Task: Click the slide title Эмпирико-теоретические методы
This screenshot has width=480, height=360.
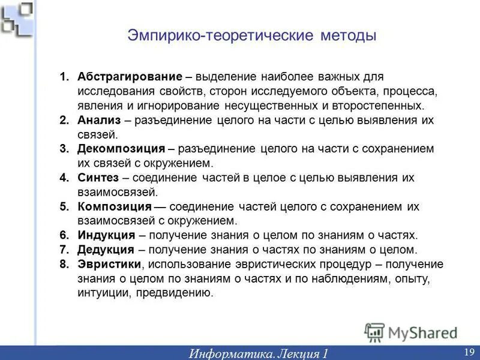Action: pyautogui.click(x=252, y=35)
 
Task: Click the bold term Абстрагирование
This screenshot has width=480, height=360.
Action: pyautogui.click(x=130, y=77)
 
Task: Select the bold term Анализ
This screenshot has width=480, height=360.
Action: pyautogui.click(x=100, y=120)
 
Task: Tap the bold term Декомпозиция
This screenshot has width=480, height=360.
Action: pyautogui.click(x=121, y=149)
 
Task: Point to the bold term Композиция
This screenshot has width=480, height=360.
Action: pyautogui.click(x=115, y=206)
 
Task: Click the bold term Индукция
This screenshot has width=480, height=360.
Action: pyautogui.click(x=107, y=235)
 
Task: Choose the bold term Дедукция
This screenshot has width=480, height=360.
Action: pyautogui.click(x=106, y=250)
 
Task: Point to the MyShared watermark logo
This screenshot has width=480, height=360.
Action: pyautogui.click(x=412, y=332)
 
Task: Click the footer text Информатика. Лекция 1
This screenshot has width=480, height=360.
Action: pyautogui.click(x=259, y=353)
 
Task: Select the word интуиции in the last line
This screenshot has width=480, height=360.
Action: pyautogui.click(x=103, y=293)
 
